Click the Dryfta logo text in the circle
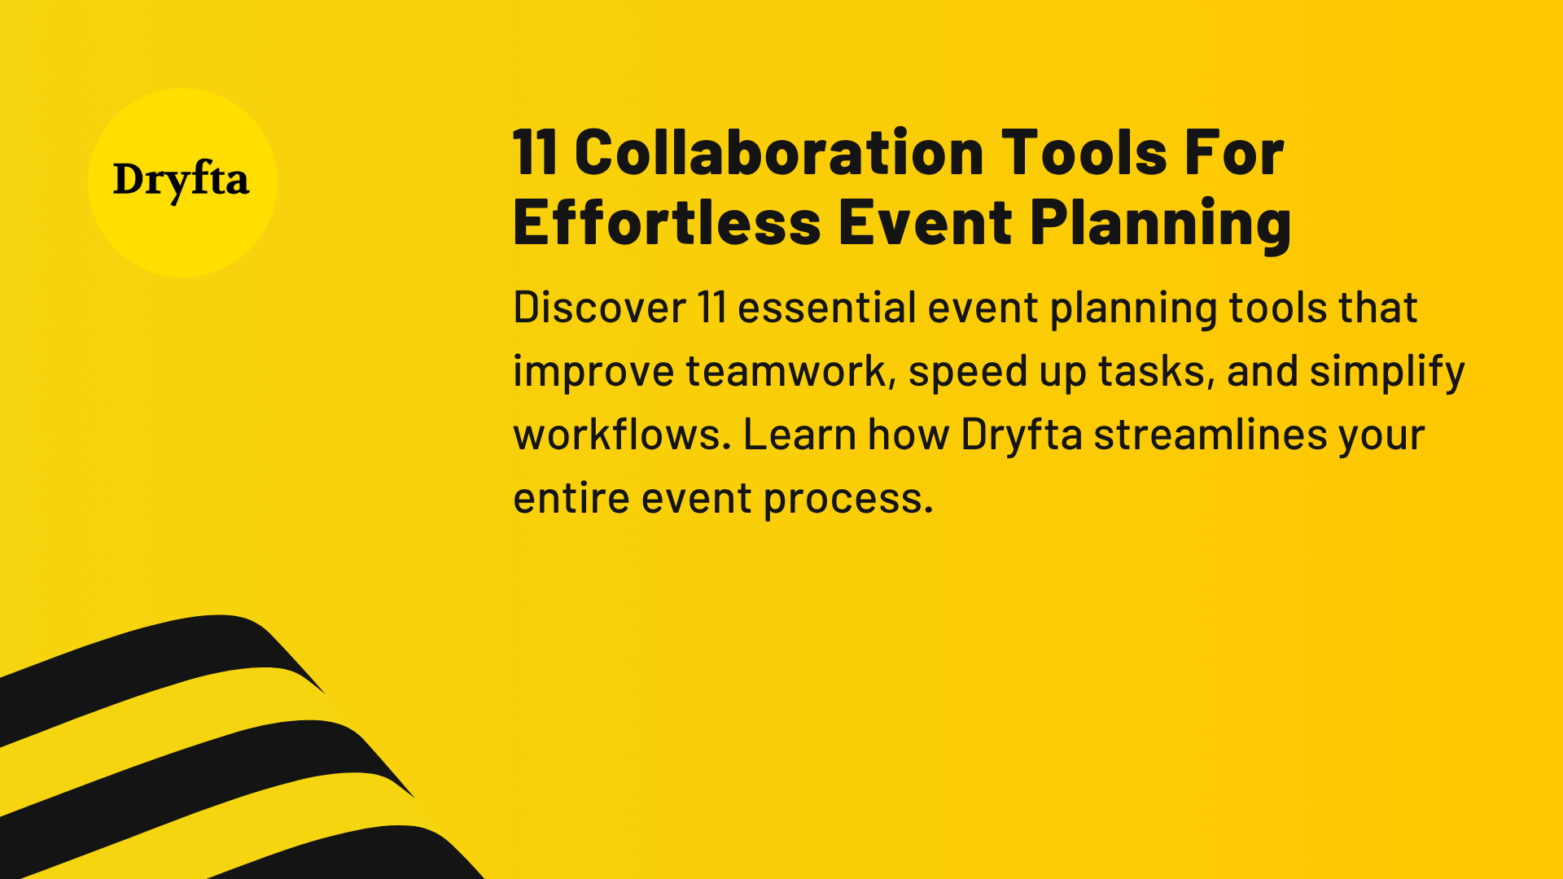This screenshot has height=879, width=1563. tap(181, 181)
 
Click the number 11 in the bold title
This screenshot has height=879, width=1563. tap(535, 153)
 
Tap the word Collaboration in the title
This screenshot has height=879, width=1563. tap(779, 153)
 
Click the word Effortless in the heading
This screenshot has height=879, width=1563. tap(667, 223)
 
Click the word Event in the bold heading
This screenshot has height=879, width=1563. tap(926, 223)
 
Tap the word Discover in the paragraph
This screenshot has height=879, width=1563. tap(600, 308)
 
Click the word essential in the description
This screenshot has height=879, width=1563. tap(827, 308)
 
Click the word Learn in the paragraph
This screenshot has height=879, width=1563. tap(799, 435)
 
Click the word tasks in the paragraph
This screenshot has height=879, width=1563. tap(1156, 371)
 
